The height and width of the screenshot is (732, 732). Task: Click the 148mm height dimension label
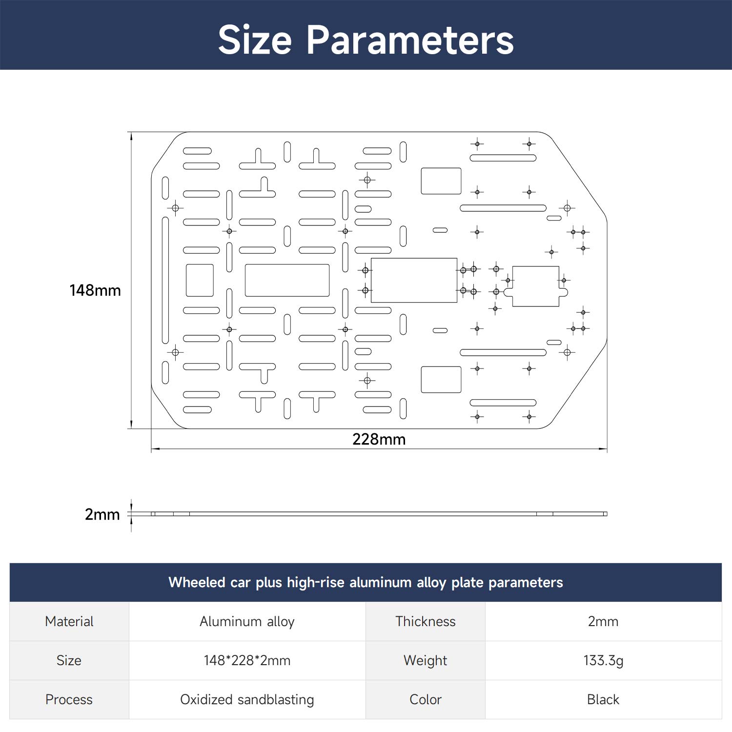coord(95,290)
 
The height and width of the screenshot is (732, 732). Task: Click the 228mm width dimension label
coord(379,439)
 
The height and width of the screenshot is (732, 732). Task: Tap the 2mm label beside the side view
coord(102,514)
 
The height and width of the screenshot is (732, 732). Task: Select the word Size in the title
coord(255,40)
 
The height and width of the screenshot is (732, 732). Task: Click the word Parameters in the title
coord(410,40)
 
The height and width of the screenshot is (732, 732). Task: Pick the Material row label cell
coord(69,621)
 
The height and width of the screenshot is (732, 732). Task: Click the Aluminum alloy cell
coord(247,621)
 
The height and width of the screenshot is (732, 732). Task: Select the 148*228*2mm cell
coord(247,660)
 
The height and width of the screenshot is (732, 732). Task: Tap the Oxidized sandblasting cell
coord(247,699)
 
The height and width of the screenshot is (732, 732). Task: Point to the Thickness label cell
coord(426,621)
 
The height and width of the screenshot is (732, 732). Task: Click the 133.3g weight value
coord(603,660)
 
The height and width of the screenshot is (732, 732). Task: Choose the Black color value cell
coord(603,699)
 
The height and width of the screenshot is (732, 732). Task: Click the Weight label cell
coord(426,660)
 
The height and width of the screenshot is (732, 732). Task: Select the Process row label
coord(69,699)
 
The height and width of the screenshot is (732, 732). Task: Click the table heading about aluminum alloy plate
coord(366,582)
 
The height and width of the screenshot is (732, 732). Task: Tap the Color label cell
coord(426,699)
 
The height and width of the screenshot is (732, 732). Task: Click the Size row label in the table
coord(69,660)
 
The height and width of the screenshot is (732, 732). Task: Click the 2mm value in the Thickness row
coord(603,621)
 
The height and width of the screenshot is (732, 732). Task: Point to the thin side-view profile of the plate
coord(379,514)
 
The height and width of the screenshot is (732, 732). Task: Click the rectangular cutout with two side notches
coord(536,267)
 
